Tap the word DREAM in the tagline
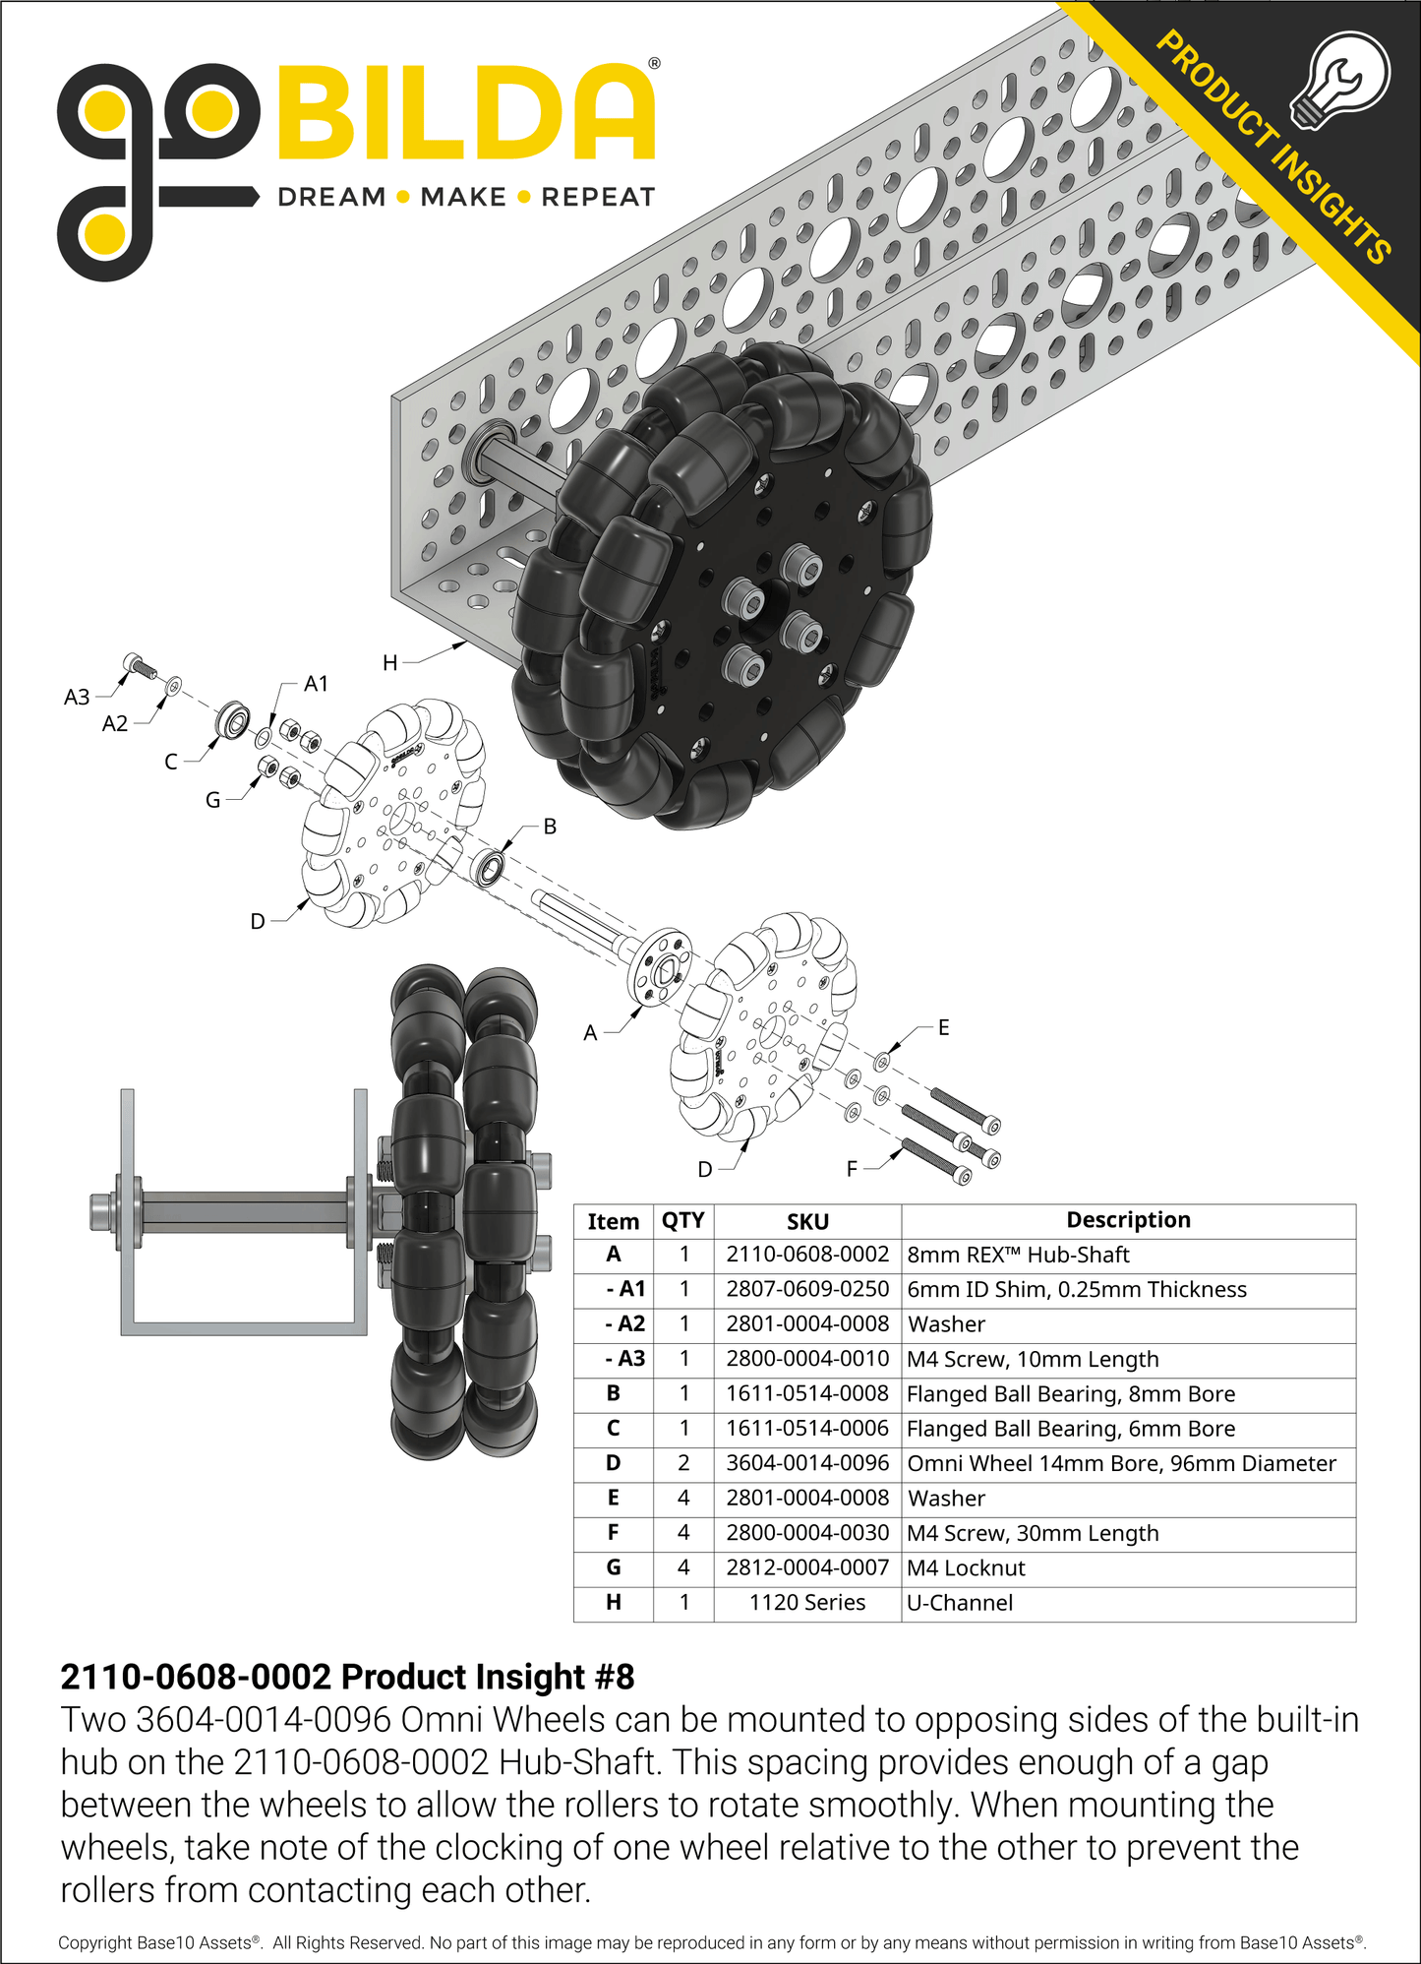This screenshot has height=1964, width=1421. pos(331,197)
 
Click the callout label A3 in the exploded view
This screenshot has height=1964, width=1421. pos(77,698)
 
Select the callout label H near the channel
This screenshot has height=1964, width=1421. pos(390,663)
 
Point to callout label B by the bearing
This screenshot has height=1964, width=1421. pos(550,827)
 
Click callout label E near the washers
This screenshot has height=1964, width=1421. pos(943,1027)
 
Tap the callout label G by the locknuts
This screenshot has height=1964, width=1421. pos(212,800)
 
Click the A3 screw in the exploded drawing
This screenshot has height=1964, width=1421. pos(138,666)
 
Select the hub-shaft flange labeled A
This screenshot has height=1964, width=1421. pos(660,966)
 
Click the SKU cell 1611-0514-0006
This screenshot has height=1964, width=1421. pos(806,1428)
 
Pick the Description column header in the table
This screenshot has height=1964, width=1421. pos(1128,1220)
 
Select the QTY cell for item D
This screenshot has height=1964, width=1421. pos(683,1463)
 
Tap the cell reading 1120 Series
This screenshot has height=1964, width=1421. pos(806,1602)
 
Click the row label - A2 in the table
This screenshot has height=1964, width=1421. pos(624,1323)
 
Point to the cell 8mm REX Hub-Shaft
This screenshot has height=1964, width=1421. pos(1018,1255)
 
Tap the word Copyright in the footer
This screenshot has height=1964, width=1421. pos(94,1942)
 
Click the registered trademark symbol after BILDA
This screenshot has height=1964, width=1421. pos(655,64)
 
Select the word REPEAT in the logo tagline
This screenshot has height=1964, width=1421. pos(598,197)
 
